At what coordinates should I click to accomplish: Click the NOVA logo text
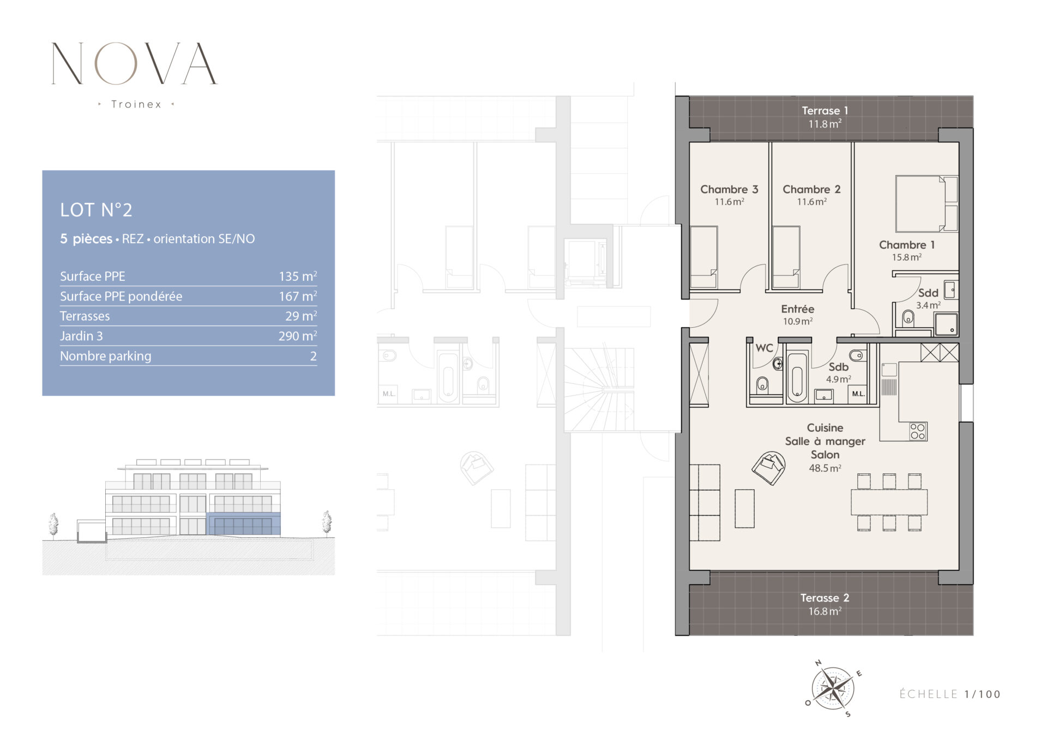click(134, 64)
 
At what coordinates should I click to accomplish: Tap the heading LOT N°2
click(96, 210)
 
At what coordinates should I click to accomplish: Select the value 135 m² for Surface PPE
click(298, 276)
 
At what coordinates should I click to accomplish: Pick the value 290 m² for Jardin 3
click(298, 336)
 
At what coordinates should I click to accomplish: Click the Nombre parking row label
click(106, 356)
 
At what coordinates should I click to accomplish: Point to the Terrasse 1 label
click(825, 111)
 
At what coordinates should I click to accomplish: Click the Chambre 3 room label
click(729, 189)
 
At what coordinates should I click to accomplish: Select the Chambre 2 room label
click(811, 189)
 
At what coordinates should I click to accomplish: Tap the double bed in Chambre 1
click(926, 204)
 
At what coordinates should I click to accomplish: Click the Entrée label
click(797, 309)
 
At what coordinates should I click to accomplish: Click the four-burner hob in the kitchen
click(918, 431)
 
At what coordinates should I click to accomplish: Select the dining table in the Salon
click(889, 502)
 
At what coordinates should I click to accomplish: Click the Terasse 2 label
click(825, 598)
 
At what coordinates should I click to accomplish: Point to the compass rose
click(833, 689)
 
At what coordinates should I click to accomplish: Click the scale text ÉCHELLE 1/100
click(950, 694)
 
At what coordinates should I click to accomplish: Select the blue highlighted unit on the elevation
click(243, 524)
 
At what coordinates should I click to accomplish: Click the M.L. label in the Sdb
click(858, 394)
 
